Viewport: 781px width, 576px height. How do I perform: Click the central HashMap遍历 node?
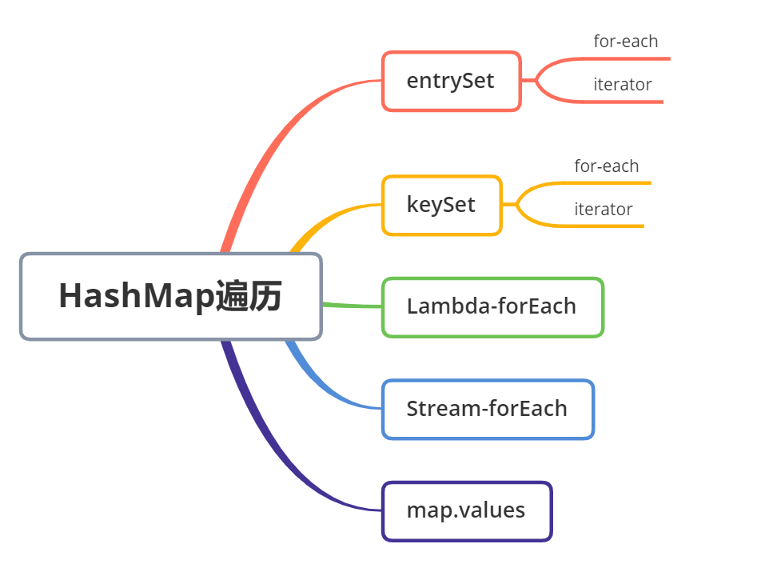tap(171, 297)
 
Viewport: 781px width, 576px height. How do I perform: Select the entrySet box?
tap(451, 81)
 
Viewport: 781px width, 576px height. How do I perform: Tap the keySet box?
tap(441, 205)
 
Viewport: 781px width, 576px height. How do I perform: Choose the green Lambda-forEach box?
tap(492, 307)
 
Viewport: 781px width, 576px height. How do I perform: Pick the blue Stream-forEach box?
tap(488, 409)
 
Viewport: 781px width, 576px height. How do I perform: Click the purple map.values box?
tap(467, 510)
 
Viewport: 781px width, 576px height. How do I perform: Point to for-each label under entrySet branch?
tap(625, 41)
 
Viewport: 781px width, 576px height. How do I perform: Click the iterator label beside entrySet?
tap(622, 84)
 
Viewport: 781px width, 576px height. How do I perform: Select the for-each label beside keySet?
tap(606, 166)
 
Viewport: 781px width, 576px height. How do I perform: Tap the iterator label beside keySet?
tap(603, 210)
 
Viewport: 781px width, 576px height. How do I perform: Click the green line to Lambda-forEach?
tap(352, 306)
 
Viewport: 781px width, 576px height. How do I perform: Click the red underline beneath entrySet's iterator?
tap(624, 102)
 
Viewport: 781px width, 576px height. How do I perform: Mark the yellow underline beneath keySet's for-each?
tap(608, 183)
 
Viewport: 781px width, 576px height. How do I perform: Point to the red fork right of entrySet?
tap(537, 80)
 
